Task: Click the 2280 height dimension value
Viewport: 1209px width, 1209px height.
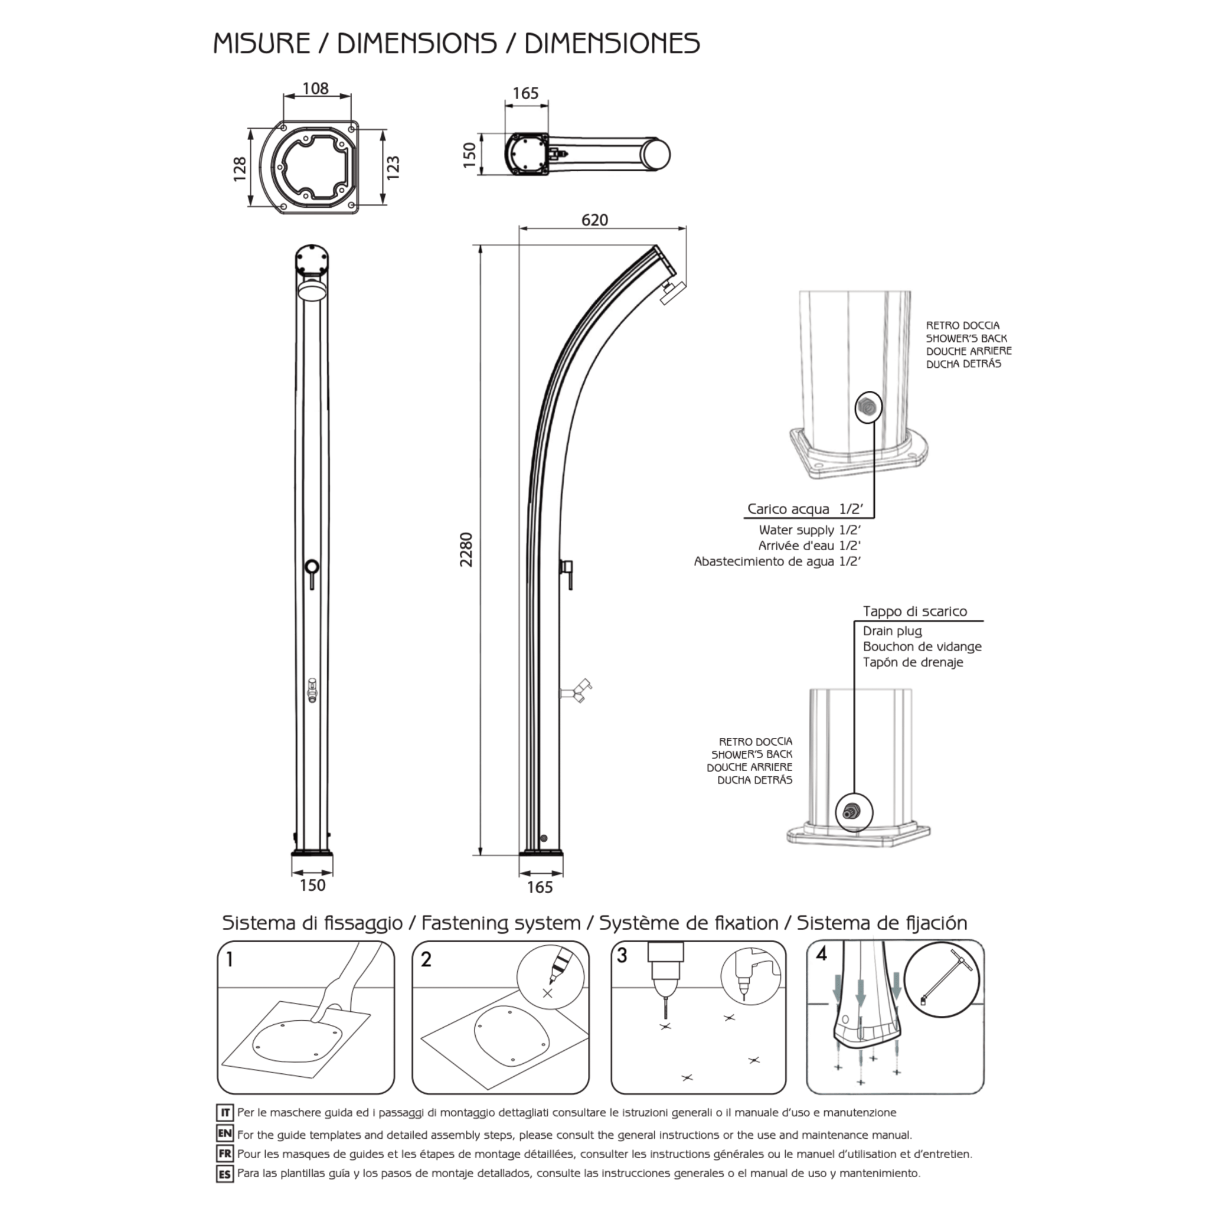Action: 466,550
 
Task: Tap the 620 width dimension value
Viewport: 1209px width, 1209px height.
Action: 594,220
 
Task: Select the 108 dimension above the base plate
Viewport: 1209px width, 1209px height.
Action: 315,88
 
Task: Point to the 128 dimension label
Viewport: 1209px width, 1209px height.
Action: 239,169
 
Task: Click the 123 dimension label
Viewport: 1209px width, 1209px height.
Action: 393,168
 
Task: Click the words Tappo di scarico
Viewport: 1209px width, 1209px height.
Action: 915,612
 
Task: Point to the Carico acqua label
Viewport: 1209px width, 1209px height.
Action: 789,509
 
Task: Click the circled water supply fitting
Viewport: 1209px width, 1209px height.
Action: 868,408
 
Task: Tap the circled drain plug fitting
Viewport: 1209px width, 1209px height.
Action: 854,812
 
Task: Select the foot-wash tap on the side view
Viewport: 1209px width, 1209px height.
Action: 576,690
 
